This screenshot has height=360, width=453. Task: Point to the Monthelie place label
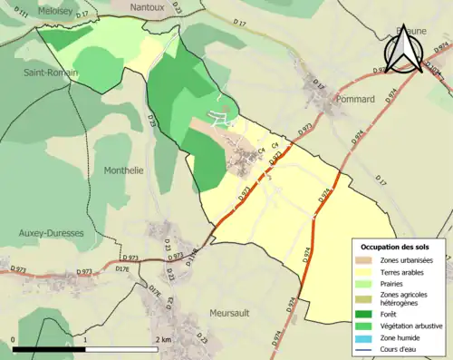pyautogui.click(x=124, y=170)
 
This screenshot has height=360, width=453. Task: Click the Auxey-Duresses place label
pyautogui.click(x=51, y=233)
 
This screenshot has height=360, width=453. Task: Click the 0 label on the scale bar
pyautogui.click(x=14, y=340)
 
